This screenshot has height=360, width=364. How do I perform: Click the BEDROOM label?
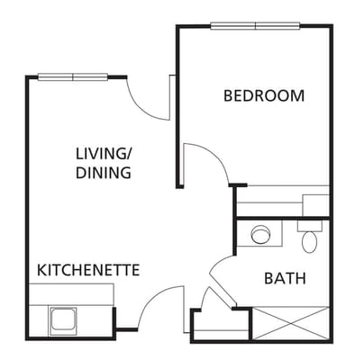pyautogui.click(x=263, y=95)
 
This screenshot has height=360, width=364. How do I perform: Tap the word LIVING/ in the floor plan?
pyautogui.click(x=104, y=154)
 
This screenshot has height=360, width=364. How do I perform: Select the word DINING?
pyautogui.click(x=104, y=172)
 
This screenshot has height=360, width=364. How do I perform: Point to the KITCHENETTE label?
pyautogui.click(x=87, y=269)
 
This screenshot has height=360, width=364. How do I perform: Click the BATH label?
pyautogui.click(x=284, y=278)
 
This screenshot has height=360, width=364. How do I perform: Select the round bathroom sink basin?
pyautogui.click(x=261, y=235)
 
